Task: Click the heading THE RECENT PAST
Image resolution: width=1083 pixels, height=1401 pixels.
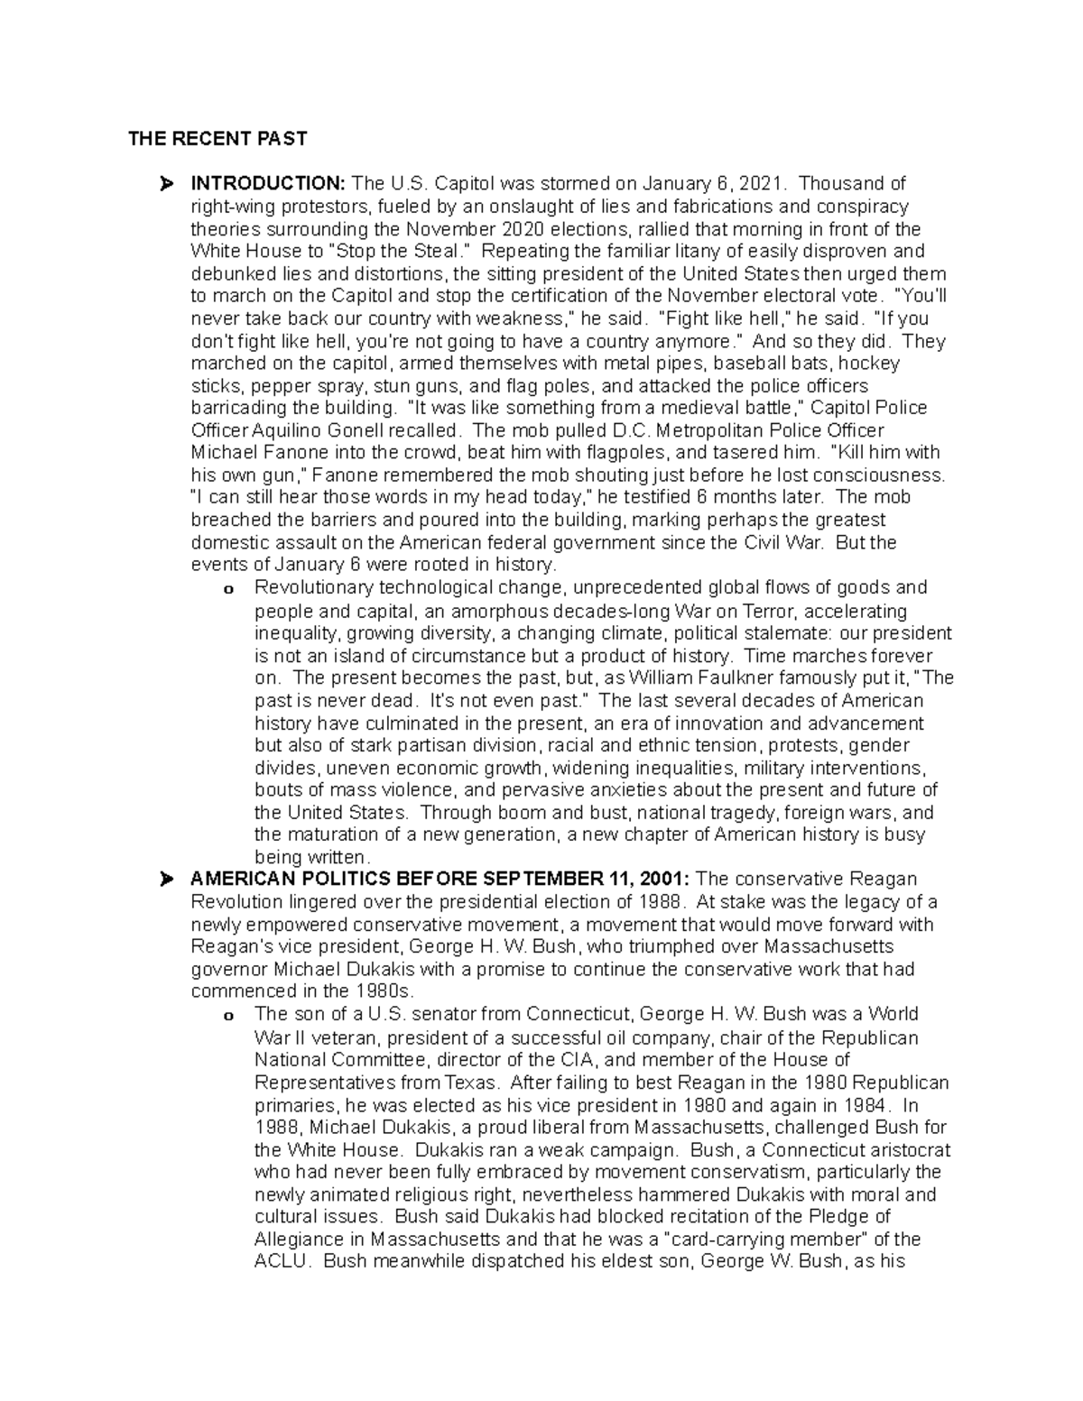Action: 217,139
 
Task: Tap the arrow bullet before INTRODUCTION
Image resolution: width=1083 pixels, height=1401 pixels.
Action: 165,185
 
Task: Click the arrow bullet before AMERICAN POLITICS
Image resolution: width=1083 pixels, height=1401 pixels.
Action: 165,880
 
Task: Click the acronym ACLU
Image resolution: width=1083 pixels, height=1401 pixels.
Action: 282,1261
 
